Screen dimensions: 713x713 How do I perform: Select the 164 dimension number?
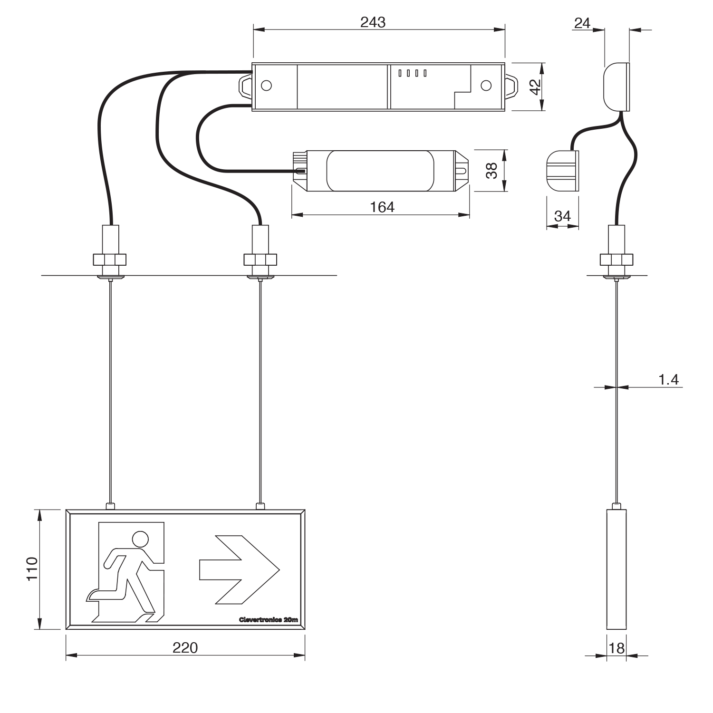pos(382,207)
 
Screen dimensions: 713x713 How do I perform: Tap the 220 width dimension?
pos(185,648)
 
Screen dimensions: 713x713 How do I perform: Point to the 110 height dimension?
pos(31,568)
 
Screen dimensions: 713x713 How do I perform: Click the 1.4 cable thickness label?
pos(668,380)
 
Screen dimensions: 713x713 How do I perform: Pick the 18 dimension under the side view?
pos(617,648)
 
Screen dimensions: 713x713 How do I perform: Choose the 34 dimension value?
pos(562,216)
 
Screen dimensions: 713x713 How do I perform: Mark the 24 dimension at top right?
pos(582,23)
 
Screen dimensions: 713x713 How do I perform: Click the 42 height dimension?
pos(535,87)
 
